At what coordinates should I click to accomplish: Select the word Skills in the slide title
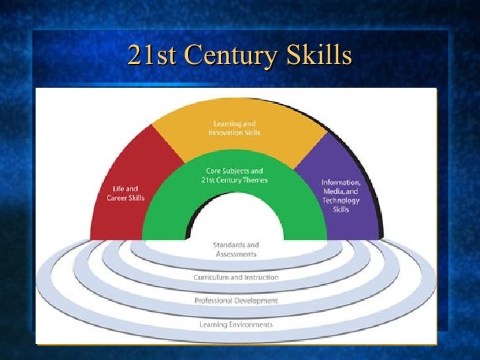(321, 56)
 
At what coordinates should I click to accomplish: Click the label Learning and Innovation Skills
(235, 128)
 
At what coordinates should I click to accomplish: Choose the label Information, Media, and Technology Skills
(341, 195)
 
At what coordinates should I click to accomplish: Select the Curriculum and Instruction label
(236, 278)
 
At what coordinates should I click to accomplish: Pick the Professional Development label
(236, 301)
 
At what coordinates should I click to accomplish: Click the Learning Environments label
(236, 324)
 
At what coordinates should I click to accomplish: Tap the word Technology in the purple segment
(341, 200)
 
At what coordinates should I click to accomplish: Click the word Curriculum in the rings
(211, 278)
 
